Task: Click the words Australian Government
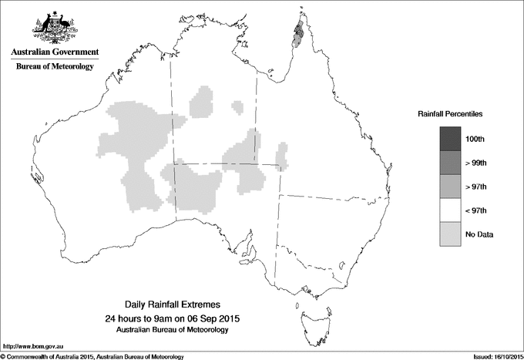tap(54, 52)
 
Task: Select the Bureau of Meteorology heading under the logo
tap(54, 66)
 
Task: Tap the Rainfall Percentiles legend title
tap(450, 113)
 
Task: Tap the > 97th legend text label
tap(476, 186)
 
